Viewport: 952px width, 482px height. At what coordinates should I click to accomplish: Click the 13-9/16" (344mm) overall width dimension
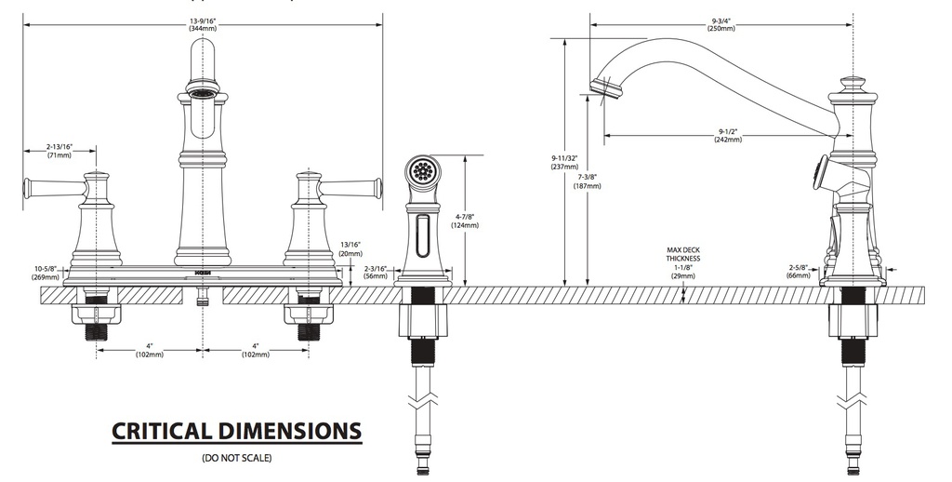(202, 25)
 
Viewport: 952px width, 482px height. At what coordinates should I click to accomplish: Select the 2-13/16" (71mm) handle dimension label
(59, 151)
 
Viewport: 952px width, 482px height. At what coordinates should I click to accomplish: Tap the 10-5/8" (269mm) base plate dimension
(46, 273)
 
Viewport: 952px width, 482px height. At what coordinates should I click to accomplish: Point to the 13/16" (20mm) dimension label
(350, 249)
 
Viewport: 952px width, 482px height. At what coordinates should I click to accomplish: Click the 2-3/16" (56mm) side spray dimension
(376, 273)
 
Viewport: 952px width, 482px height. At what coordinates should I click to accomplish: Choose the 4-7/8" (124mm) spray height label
(465, 221)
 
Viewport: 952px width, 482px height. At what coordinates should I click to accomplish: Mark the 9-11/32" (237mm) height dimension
(564, 162)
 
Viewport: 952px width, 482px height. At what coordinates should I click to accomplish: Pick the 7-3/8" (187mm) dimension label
(588, 181)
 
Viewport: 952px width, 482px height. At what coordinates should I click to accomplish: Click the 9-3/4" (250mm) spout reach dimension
(721, 24)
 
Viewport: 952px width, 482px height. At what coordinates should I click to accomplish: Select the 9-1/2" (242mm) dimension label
(728, 135)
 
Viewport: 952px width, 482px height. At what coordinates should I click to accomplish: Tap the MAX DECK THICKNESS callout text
(683, 254)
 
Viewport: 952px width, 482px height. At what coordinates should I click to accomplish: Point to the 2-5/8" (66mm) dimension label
(799, 271)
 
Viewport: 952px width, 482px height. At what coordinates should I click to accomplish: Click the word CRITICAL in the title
(163, 431)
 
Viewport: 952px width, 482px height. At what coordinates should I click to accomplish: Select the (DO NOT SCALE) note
(237, 458)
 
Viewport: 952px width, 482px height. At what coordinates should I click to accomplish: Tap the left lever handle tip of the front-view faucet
(27, 188)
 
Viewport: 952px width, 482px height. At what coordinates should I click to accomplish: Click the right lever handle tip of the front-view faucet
(378, 188)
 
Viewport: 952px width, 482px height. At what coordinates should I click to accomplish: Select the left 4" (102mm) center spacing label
(149, 350)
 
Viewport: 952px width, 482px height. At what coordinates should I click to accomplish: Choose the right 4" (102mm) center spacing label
(255, 350)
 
